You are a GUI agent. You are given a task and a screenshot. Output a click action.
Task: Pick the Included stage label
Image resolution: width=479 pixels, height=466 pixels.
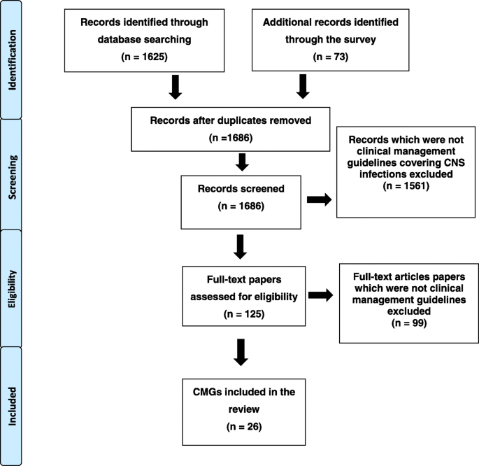pos(14,404)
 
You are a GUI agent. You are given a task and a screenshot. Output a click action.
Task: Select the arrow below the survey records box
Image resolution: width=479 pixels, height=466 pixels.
pos(303,87)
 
